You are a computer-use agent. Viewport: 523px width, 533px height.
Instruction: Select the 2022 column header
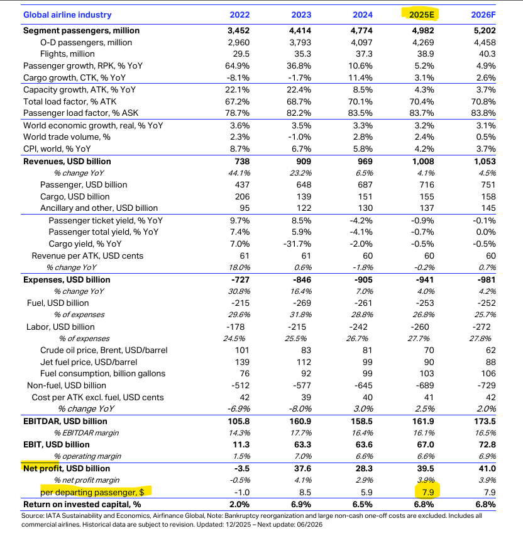click(239, 14)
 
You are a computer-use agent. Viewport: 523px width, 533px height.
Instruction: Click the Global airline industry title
click(67, 14)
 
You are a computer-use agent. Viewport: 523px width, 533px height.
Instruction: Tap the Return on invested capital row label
click(82, 504)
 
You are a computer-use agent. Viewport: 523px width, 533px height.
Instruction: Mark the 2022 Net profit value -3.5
click(240, 468)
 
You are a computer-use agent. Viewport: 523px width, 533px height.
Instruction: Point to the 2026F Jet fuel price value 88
click(490, 362)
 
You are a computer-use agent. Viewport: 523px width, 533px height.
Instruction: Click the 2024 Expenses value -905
click(363, 279)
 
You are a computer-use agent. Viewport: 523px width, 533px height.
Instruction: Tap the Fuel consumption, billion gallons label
click(102, 373)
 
